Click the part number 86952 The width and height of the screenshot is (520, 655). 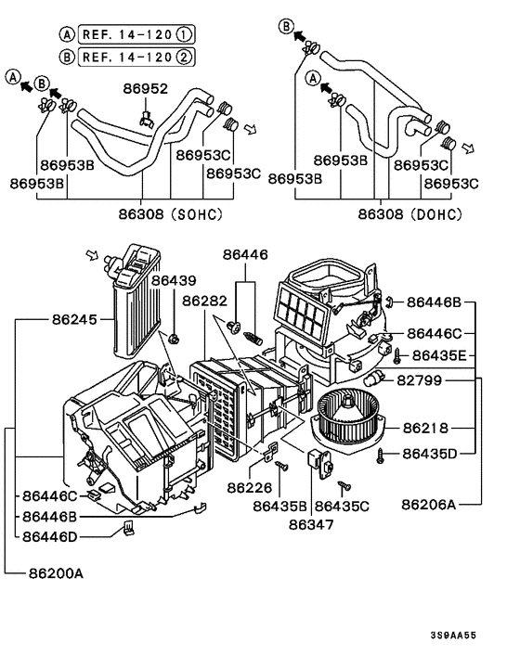click(x=145, y=89)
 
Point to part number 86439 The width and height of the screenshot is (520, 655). click(x=174, y=279)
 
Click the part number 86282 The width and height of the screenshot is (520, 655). click(x=204, y=301)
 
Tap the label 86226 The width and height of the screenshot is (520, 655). click(x=249, y=486)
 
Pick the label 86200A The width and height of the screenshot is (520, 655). click(x=53, y=572)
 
